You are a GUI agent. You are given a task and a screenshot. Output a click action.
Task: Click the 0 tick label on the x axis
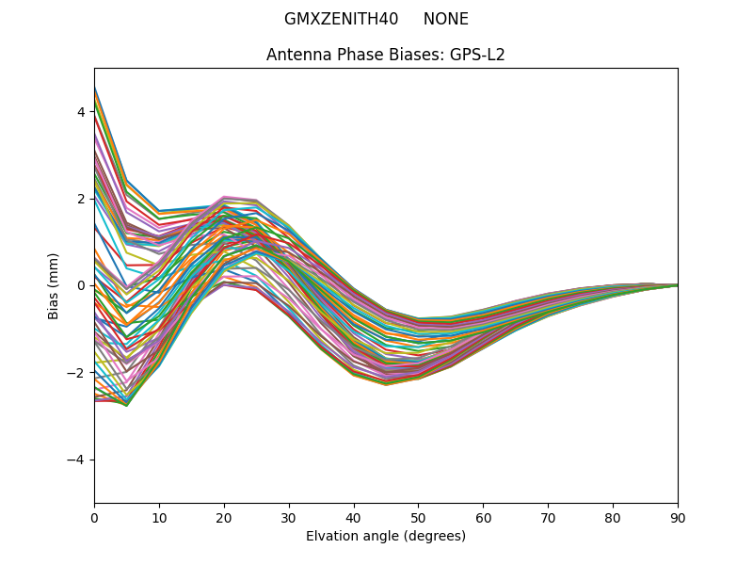tap(94, 517)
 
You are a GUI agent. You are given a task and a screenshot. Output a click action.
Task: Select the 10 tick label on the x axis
tap(159, 517)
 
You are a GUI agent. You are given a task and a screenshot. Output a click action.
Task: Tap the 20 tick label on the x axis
tap(224, 517)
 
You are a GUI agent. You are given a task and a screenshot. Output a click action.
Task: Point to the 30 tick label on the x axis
tap(289, 517)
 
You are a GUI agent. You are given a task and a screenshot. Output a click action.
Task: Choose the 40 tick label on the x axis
tap(354, 517)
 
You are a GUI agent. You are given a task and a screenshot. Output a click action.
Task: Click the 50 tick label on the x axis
tap(418, 517)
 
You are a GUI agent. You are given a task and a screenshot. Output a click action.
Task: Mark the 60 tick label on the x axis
tap(483, 517)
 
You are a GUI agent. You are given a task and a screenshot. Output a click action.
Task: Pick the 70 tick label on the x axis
tap(548, 517)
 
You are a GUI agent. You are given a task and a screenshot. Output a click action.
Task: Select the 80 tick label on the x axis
tap(613, 517)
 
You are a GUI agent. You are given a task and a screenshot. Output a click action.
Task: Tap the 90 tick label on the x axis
tap(678, 517)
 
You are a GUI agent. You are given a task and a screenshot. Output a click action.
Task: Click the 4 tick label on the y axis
tap(81, 112)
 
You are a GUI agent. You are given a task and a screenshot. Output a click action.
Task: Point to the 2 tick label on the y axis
tap(81, 199)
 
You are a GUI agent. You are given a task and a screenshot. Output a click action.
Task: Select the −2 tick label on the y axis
tap(77, 373)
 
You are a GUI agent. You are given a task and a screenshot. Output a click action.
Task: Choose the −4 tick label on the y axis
tap(77, 460)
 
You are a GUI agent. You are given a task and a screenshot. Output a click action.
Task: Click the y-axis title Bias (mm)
tap(54, 285)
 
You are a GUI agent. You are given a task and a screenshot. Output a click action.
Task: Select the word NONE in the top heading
tap(445, 19)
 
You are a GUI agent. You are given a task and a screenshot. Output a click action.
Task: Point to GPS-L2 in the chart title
tap(476, 55)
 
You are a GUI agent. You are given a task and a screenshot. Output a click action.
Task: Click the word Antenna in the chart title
tap(296, 55)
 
